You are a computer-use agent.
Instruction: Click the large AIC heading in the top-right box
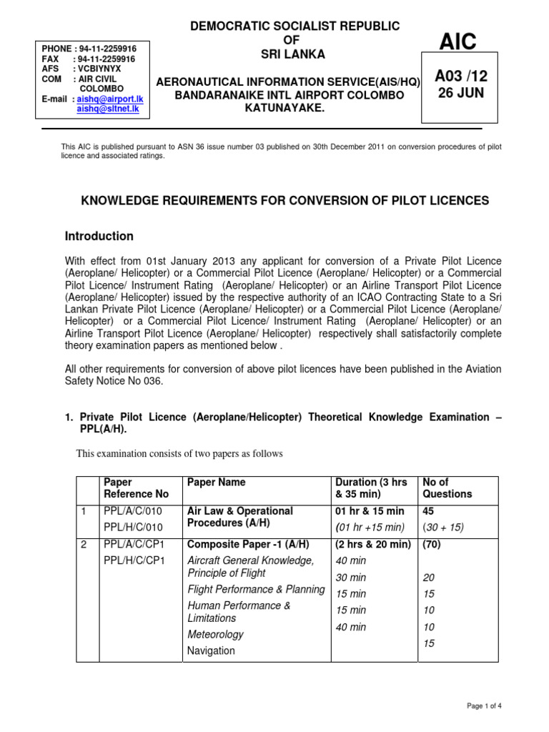pos(458,43)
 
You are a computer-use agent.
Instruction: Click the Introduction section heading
pos(99,236)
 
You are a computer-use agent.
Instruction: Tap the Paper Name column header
pos(216,483)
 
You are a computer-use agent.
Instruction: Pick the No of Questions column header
pos(447,488)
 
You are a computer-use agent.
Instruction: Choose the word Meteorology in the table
pos(215,634)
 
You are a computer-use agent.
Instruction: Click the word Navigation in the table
pos(211,651)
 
